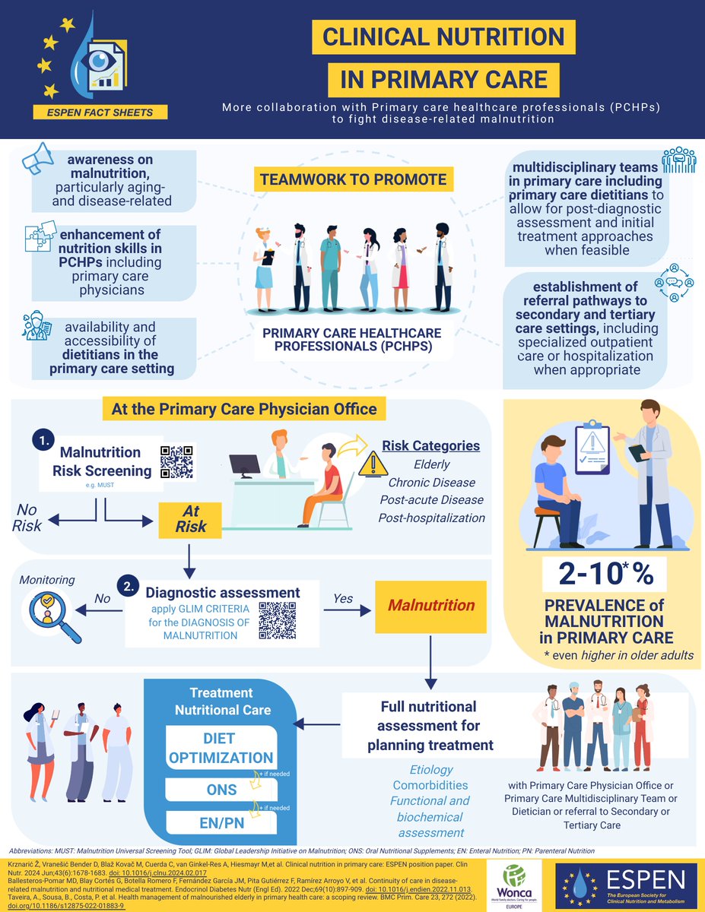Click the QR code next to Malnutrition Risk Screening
177,461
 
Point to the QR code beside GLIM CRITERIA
277,619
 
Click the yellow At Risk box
191,518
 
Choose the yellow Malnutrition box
431,606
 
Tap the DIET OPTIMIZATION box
221,748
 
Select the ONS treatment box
221,790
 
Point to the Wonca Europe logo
517,884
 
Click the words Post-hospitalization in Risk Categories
431,518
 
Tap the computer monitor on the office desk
245,465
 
